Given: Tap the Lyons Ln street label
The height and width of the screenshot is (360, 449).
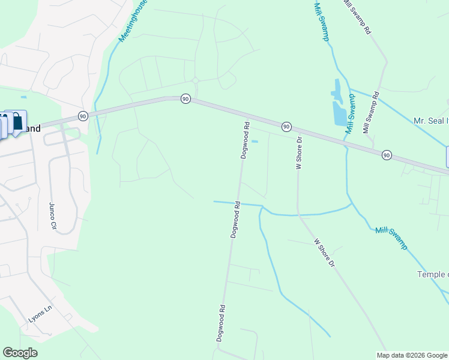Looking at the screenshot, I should click(x=41, y=316).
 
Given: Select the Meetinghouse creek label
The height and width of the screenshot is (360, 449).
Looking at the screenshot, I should click(x=133, y=20).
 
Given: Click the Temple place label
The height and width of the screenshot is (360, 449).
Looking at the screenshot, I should click(x=433, y=274).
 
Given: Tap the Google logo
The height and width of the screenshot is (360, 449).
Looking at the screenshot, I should click(x=20, y=353).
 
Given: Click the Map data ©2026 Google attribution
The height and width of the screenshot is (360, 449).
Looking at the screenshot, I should click(x=412, y=355).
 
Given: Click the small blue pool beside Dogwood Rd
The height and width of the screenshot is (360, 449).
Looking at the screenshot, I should click(x=255, y=142).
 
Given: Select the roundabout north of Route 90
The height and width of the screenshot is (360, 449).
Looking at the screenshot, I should click(x=195, y=80).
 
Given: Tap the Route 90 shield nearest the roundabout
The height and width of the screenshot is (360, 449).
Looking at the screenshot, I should click(x=185, y=98).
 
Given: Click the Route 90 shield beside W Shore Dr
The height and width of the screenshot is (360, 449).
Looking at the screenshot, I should click(x=287, y=126).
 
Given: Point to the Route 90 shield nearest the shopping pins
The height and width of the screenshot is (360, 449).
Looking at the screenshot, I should click(x=83, y=115).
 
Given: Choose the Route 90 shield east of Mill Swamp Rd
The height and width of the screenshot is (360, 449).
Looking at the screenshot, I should click(x=387, y=155).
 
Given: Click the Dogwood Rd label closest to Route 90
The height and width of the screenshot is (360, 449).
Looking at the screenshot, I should click(x=245, y=140).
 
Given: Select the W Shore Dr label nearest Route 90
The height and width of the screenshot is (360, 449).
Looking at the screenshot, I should click(x=298, y=153).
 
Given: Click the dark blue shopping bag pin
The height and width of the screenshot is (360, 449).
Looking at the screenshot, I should click(x=17, y=122).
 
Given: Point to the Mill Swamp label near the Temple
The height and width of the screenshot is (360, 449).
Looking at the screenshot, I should click(x=391, y=238).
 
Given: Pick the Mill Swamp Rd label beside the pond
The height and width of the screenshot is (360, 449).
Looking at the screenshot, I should click(x=371, y=112).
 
